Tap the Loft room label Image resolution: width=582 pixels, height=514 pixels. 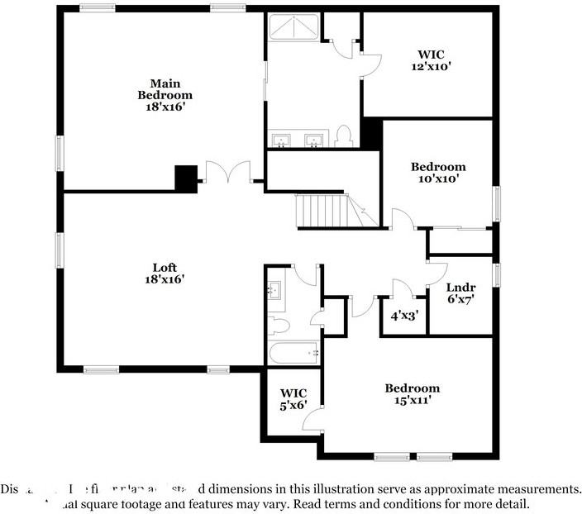[164, 273]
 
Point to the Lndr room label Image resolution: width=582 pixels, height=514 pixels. [460, 288]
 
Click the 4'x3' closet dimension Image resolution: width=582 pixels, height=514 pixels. [403, 315]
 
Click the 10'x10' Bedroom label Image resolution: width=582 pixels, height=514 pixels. [438, 172]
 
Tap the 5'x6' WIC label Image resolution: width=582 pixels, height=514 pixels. [293, 398]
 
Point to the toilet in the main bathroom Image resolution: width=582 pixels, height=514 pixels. [346, 137]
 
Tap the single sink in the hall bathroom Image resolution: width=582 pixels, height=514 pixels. [274, 290]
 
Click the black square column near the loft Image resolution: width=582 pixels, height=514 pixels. [187, 178]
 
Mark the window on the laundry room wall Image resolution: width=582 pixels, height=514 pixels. [497, 274]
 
